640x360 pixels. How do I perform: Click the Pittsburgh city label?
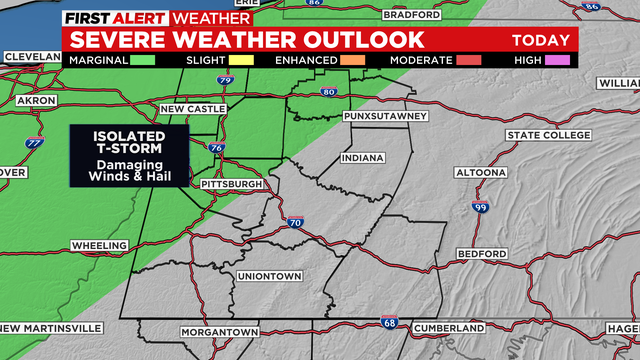231,185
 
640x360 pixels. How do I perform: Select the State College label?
548,135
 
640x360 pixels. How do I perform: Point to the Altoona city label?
481,172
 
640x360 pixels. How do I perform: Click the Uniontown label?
270,276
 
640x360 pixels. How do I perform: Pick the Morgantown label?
220,331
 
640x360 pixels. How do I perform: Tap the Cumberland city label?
450,328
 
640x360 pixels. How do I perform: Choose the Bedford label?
482,254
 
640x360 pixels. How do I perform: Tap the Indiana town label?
362,158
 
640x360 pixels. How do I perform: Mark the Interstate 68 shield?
388,322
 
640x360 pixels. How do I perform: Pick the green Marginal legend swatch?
145,61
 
